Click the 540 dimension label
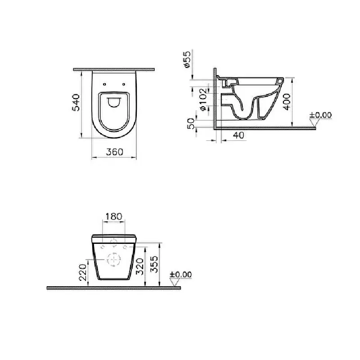[x=76, y=103]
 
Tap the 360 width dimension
[x=115, y=152]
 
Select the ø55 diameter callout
[x=187, y=59]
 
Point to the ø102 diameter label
[x=203, y=100]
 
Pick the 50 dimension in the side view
[x=191, y=123]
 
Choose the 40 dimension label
[x=238, y=135]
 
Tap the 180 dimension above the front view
[x=114, y=216]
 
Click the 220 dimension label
[x=83, y=272]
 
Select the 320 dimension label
[x=139, y=266]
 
